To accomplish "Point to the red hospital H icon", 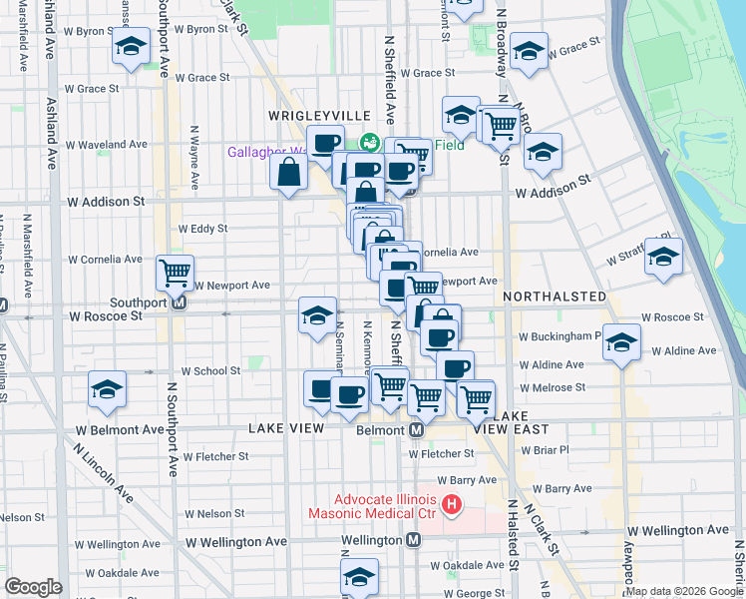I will coord(451,505).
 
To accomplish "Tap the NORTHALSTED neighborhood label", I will coord(554,297).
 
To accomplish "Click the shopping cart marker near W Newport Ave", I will coord(176,271).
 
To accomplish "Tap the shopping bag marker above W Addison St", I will coord(288,172).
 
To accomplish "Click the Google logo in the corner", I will coord(33,587).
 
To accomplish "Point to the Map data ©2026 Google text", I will coord(684,591).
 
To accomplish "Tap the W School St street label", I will coord(210,370).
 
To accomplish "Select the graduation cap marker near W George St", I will coord(359,576).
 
